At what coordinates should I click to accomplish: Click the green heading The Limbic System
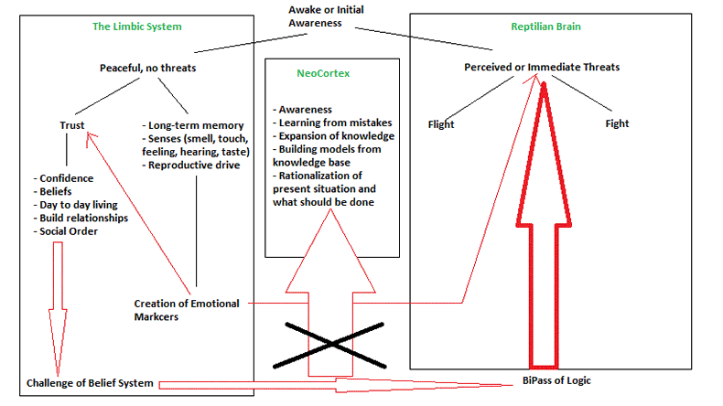137,27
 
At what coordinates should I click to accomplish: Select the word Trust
72,124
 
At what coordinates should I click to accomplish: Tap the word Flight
441,123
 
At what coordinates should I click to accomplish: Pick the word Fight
617,123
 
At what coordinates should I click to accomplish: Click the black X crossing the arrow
332,344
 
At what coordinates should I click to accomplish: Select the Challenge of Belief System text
90,382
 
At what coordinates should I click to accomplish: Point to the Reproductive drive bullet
194,165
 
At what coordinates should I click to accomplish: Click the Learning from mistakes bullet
334,120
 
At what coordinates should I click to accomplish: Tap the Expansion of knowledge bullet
334,135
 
